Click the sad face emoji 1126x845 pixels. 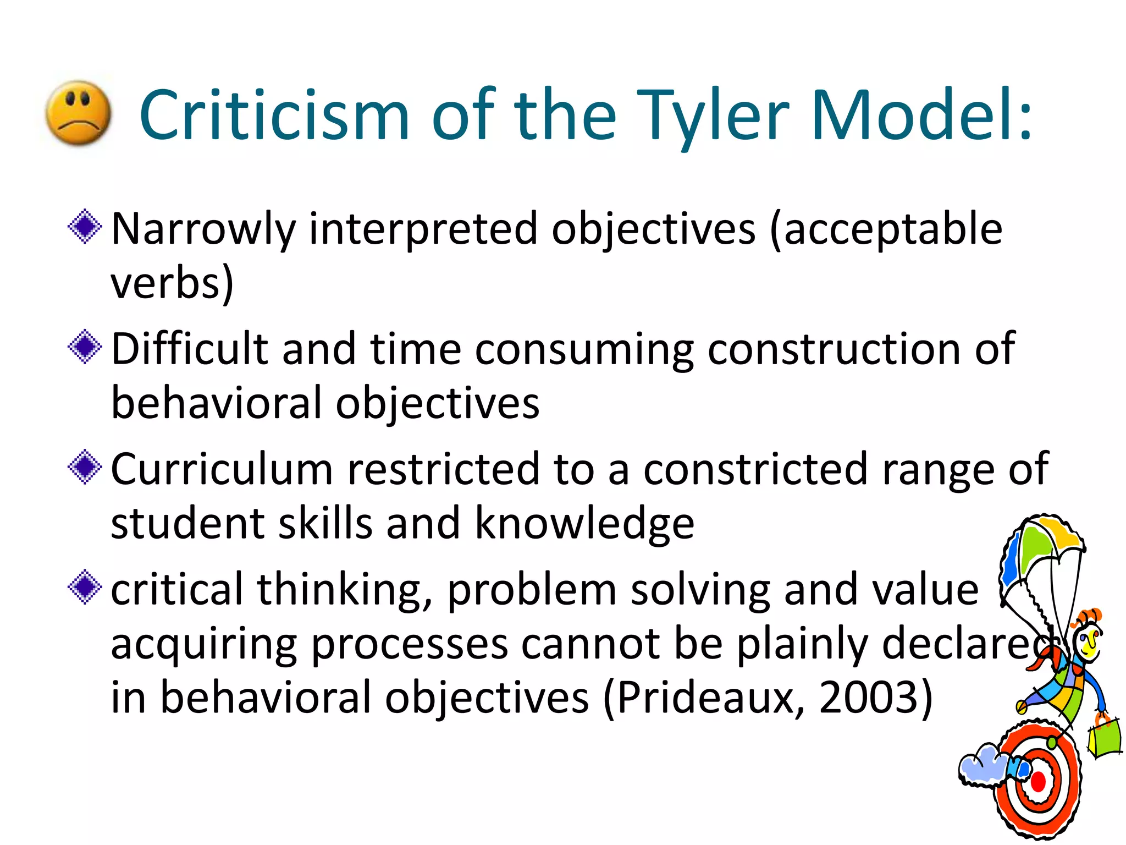(x=78, y=113)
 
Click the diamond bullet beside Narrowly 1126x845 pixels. (x=85, y=226)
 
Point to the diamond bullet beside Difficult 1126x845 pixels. (x=85, y=347)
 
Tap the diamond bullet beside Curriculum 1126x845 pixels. (x=85, y=467)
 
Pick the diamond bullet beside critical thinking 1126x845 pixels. (x=85, y=587)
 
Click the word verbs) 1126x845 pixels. (x=172, y=283)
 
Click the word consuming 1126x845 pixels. (x=584, y=350)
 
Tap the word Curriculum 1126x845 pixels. (x=222, y=469)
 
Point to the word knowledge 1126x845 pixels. (x=584, y=524)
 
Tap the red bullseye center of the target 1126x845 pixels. (x=1038, y=782)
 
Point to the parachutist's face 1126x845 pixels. (x=1088, y=641)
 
